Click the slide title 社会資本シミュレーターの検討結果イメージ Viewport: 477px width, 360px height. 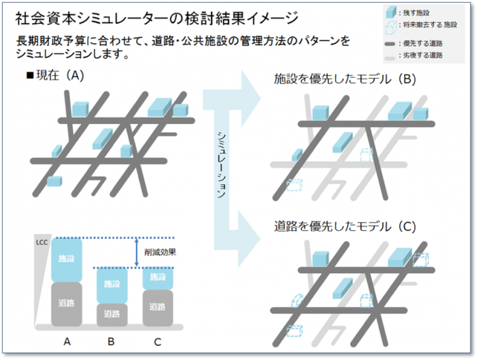[157, 19]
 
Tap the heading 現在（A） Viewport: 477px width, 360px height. [55, 75]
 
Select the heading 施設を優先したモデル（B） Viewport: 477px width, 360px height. [345, 79]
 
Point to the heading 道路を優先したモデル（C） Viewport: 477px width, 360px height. [345, 227]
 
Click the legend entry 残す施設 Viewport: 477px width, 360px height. [416, 13]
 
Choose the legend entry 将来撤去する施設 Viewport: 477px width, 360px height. [430, 25]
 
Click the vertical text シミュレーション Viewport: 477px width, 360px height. [222, 165]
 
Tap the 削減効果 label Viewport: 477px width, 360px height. [160, 252]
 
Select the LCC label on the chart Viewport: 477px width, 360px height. [42, 243]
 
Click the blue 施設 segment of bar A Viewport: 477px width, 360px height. [66, 260]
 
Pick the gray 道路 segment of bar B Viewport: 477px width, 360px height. [112, 315]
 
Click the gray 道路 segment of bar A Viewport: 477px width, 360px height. [66, 304]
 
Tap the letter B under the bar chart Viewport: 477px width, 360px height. [111, 341]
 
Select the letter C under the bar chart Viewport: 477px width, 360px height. [158, 342]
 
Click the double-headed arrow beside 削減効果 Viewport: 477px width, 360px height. [137, 253]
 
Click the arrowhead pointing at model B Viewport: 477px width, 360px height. [251, 98]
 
